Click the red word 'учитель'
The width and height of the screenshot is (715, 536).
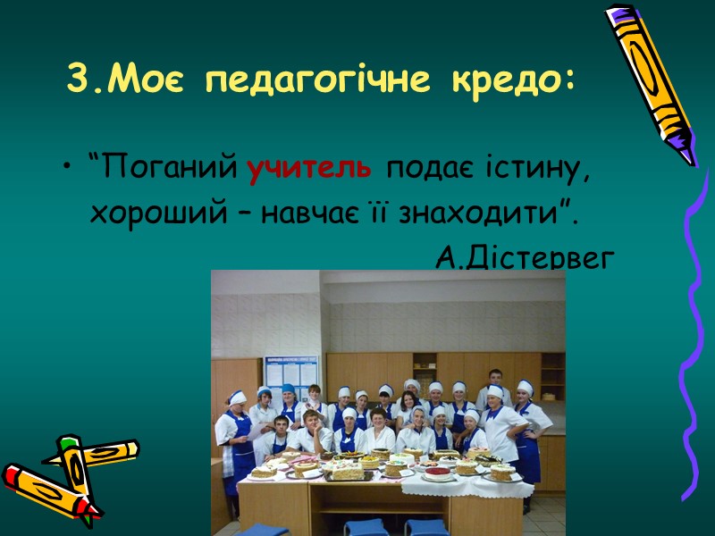click(307, 168)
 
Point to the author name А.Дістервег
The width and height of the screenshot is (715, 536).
click(526, 258)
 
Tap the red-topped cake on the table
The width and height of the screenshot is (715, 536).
click(438, 472)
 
